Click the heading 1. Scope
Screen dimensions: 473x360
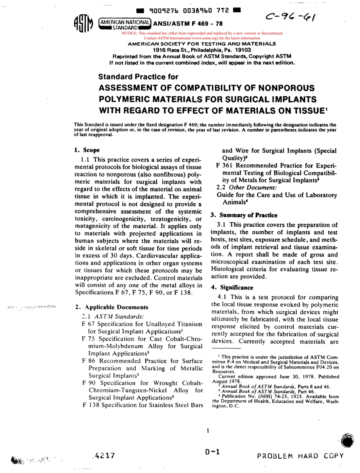point(85,150)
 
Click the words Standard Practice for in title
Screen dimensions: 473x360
point(138,77)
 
